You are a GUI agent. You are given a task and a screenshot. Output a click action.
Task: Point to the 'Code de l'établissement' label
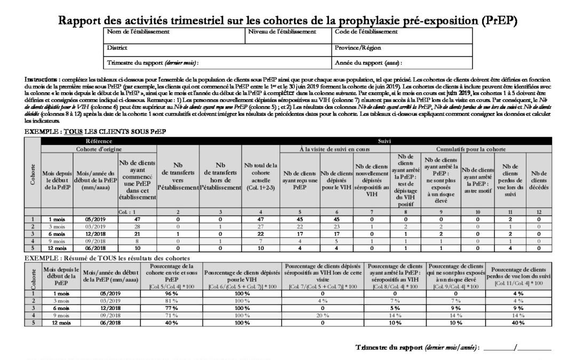point(366,32)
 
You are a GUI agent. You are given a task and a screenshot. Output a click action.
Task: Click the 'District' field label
point(117,47)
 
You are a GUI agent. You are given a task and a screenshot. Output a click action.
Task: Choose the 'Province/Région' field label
point(358,47)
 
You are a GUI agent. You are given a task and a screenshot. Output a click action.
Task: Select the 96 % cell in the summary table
point(171,293)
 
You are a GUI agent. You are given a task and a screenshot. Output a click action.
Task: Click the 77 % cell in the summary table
point(171,307)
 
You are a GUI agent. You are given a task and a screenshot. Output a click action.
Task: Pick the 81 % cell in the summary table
point(171,300)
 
